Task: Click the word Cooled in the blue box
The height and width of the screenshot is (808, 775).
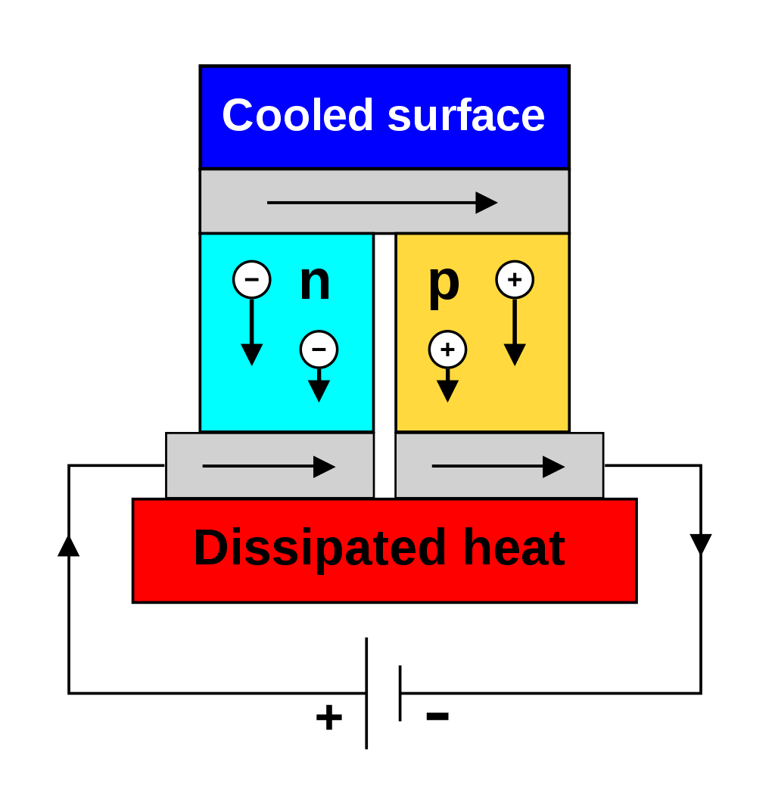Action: pyautogui.click(x=297, y=115)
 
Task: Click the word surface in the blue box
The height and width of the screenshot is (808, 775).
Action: pyautogui.click(x=466, y=115)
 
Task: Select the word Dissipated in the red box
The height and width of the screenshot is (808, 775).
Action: pyautogui.click(x=319, y=549)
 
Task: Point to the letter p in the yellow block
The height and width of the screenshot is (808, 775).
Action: pyautogui.click(x=444, y=287)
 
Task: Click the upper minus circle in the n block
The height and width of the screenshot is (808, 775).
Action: pyautogui.click(x=251, y=279)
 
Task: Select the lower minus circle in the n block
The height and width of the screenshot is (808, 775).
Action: pyautogui.click(x=319, y=350)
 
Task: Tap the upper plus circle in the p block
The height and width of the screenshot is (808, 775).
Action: pyautogui.click(x=515, y=279)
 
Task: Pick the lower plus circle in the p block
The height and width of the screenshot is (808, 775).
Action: pyautogui.click(x=447, y=350)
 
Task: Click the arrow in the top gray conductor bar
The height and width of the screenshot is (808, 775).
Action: pyautogui.click(x=382, y=203)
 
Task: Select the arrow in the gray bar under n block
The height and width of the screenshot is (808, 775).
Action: pyautogui.click(x=269, y=466)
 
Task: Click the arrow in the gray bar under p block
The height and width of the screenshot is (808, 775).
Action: pyautogui.click(x=498, y=466)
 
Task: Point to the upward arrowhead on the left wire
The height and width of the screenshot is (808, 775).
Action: pyautogui.click(x=69, y=545)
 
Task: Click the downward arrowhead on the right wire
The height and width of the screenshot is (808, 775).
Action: pyautogui.click(x=701, y=545)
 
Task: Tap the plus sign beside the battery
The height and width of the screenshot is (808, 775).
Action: pyautogui.click(x=329, y=717)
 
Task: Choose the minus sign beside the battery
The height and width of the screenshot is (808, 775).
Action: pyautogui.click(x=437, y=715)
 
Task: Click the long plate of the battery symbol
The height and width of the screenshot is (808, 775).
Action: pyautogui.click(x=366, y=693)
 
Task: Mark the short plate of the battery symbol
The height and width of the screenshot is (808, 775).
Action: pyautogui.click(x=400, y=693)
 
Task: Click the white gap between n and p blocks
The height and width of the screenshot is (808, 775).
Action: pyautogui.click(x=384, y=366)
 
